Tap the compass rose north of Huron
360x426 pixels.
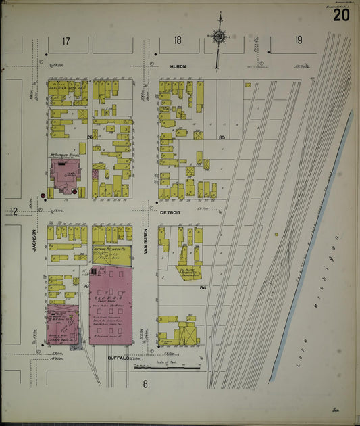[x=218, y=37]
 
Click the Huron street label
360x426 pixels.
[x=177, y=66]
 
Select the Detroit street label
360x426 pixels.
[x=170, y=212]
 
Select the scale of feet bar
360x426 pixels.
[x=168, y=367]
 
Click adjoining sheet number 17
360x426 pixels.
[x=66, y=41]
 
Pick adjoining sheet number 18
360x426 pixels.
[x=177, y=41]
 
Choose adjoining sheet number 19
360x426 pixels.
[x=298, y=41]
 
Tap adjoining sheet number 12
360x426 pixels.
[x=13, y=212]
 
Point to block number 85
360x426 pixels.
[x=222, y=137]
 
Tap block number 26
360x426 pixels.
[x=89, y=137]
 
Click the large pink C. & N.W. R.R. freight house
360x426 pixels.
[x=112, y=304]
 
